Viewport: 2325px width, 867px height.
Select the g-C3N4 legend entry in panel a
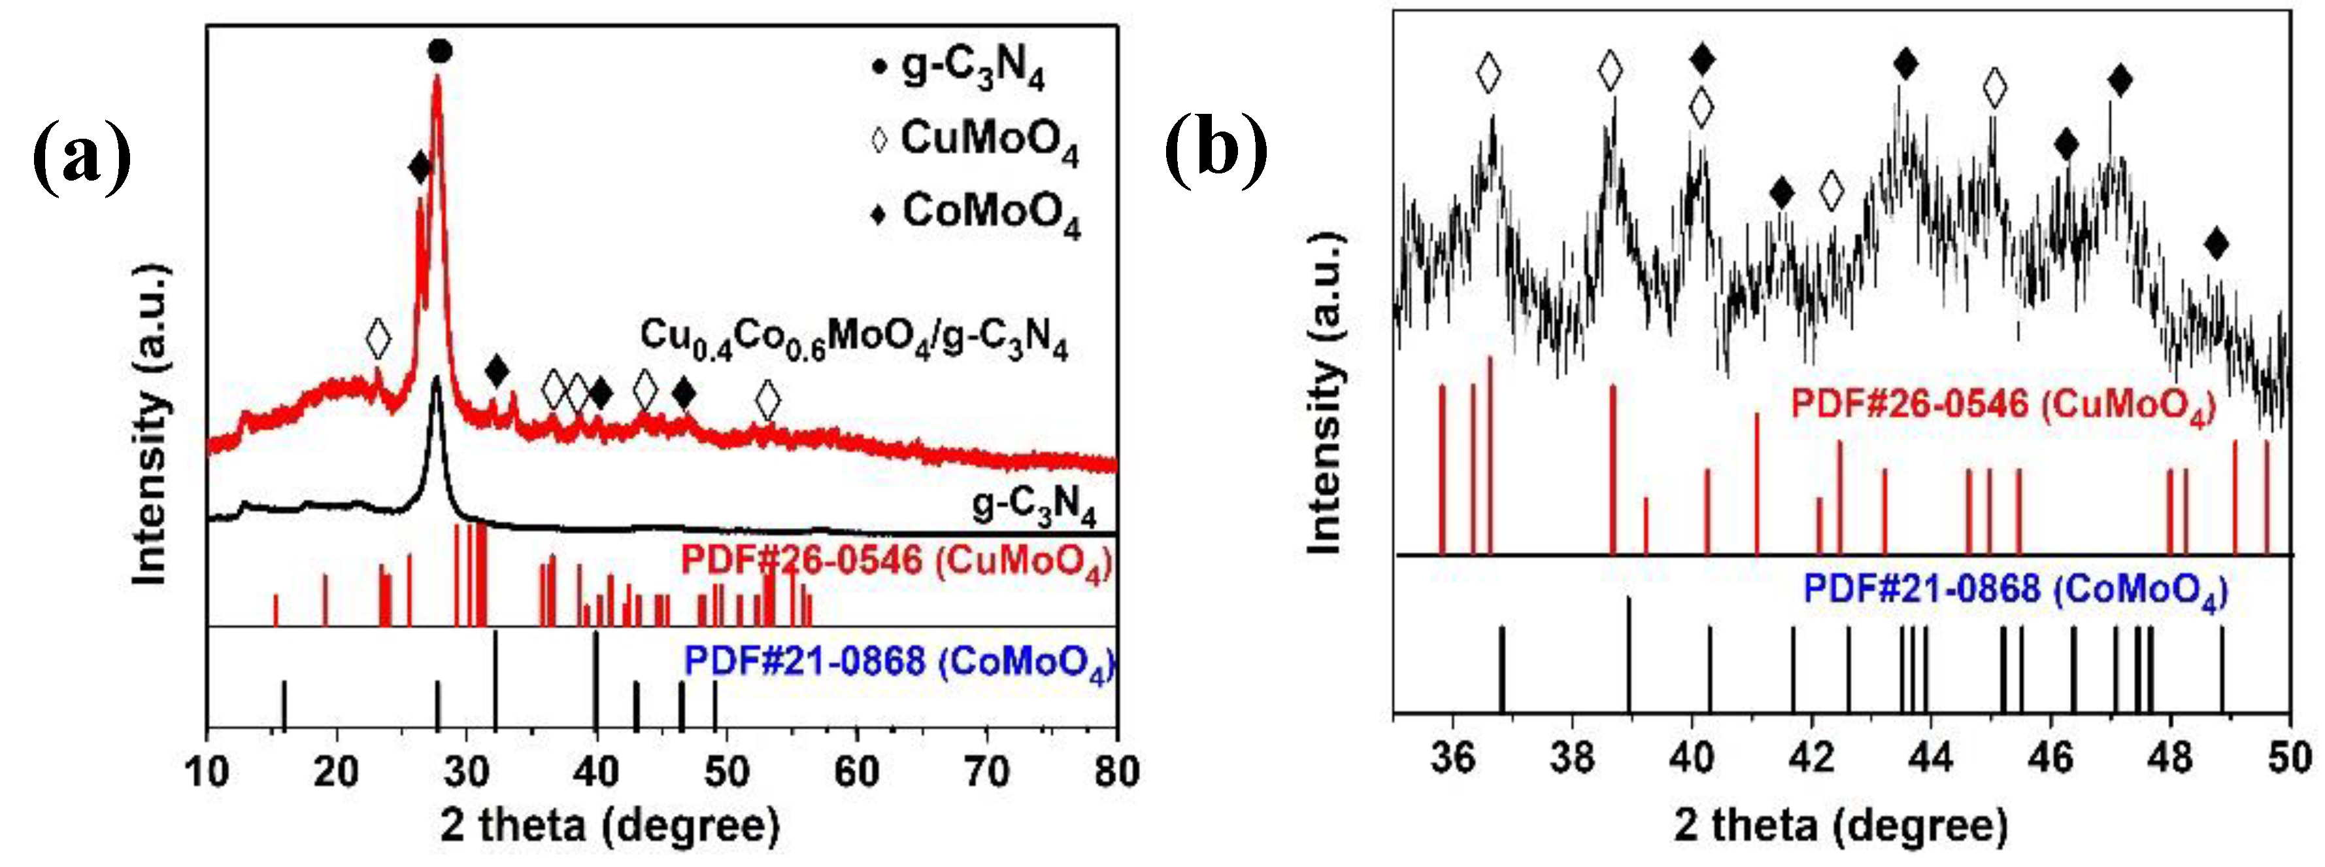pyautogui.click(x=962, y=69)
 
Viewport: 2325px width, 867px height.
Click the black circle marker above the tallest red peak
pyautogui.click(x=439, y=52)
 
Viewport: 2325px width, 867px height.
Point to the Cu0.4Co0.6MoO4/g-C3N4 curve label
pyautogui.click(x=854, y=340)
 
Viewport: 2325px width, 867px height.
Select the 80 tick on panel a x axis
pyautogui.click(x=1116, y=772)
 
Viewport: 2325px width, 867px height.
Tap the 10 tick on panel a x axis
pyautogui.click(x=208, y=772)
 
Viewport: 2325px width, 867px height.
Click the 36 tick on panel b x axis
pyautogui.click(x=1452, y=757)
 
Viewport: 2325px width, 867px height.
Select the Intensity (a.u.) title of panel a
pyautogui.click(x=151, y=425)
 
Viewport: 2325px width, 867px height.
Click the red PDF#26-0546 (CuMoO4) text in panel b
pyautogui.click(x=2002, y=404)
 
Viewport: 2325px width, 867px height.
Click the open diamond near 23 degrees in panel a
pyautogui.click(x=378, y=339)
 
